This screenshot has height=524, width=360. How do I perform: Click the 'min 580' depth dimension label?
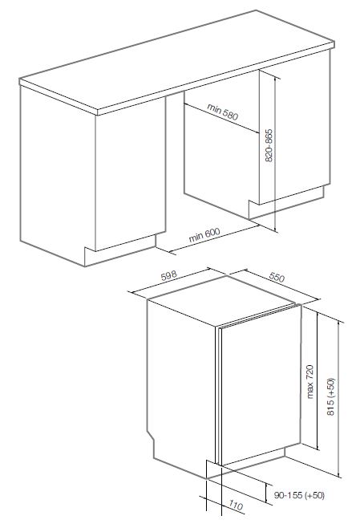coord(222,112)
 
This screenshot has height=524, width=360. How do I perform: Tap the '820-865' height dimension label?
coord(269,145)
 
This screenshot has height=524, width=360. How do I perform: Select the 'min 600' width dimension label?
coord(204,235)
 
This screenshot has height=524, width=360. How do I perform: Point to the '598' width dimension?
coord(168,276)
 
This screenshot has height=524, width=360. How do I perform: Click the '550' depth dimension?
coord(277,277)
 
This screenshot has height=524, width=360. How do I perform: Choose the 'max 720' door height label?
coord(310,382)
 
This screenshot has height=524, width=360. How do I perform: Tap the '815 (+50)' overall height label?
coord(330,396)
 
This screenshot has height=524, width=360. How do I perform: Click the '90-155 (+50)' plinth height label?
coord(299,495)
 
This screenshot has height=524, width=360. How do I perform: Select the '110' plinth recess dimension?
coord(236,506)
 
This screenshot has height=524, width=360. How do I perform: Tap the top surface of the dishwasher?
coord(221,300)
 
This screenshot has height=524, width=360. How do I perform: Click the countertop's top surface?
coord(177,60)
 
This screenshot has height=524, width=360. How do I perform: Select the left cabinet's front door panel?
coord(130,174)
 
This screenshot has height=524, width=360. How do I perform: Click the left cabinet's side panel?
coord(58,174)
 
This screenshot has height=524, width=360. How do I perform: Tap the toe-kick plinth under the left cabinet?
coord(120,250)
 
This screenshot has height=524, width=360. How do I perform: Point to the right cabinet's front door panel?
coord(294,127)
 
